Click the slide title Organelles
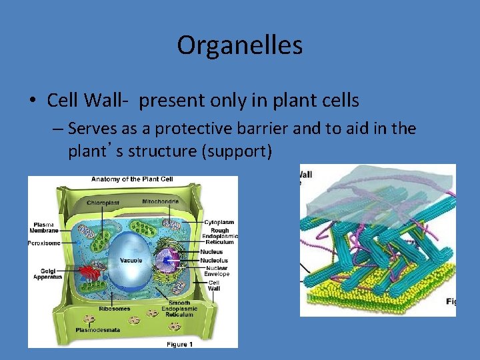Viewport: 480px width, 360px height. tap(239, 45)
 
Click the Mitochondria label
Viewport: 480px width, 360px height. tap(160, 201)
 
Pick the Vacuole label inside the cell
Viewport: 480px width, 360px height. tap(131, 260)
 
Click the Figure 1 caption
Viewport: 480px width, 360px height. tap(181, 343)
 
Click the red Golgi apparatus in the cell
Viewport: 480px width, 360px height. tap(92, 272)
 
